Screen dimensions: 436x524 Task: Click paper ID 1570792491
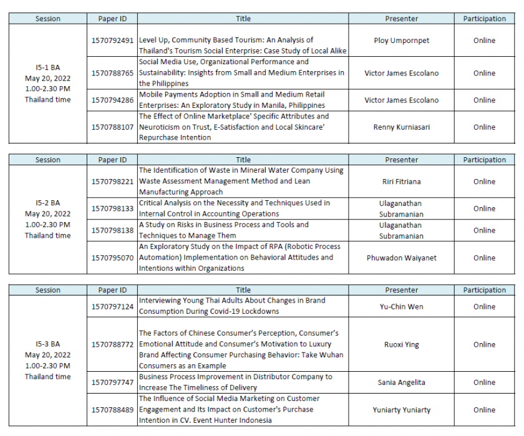pos(112,41)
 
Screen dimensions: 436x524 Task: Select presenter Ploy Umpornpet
pos(401,41)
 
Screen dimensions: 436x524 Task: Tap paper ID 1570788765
pos(112,73)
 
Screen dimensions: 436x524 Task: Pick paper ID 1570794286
pos(112,100)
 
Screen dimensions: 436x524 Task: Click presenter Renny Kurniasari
pos(401,127)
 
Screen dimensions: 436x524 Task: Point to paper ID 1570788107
pos(112,127)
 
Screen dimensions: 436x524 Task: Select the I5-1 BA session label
pos(48,67)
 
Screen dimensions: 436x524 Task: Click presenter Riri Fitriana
pos(401,182)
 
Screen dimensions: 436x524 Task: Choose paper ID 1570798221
pos(112,182)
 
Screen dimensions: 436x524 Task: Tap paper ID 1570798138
pos(112,230)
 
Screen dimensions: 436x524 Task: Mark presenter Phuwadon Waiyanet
pos(401,258)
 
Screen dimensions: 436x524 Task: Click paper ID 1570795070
pos(112,258)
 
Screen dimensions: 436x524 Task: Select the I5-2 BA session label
pos(48,203)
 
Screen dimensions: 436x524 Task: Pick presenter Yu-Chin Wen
pos(401,306)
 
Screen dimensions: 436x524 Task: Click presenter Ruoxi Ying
pos(401,344)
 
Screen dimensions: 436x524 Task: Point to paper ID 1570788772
pos(112,344)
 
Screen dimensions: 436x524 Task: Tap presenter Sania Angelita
pos(401,382)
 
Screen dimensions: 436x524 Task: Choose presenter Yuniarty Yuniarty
pos(401,410)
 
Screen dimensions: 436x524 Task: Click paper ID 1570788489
pos(112,410)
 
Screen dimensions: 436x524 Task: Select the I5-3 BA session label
pos(48,344)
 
